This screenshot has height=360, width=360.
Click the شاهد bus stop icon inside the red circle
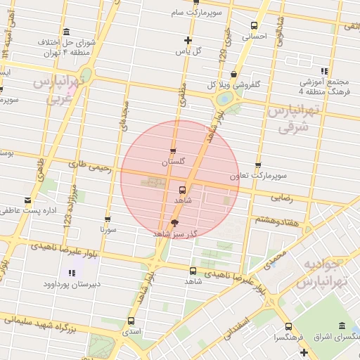[x=183, y=190]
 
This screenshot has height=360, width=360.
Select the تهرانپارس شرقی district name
[x=293, y=119]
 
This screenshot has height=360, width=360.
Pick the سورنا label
[x=108, y=229]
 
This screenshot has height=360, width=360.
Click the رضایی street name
[x=281, y=198]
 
